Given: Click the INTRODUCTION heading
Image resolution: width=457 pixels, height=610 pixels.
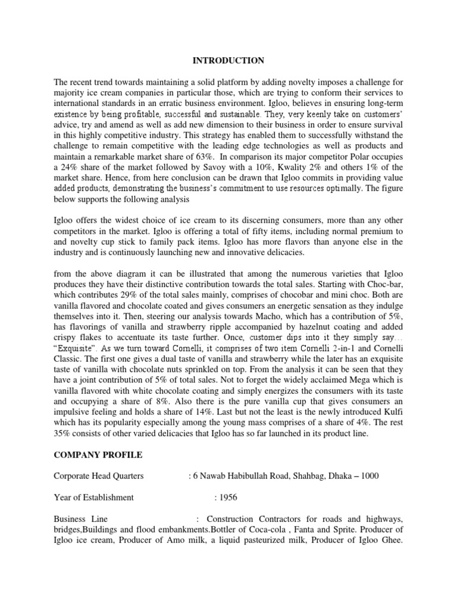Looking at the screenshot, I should pyautogui.click(x=228, y=61).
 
